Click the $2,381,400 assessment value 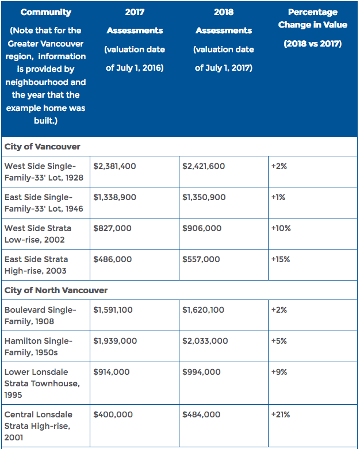pos(114,166)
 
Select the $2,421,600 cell pos(204,166)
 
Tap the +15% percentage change pos(281,259)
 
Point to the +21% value pos(281,415)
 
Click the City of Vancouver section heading pos(43,147)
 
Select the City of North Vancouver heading pos(56,290)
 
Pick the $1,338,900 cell pos(115,197)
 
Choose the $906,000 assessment pos(202,228)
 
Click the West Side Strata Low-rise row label pos(38,234)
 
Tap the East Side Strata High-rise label pos(36,265)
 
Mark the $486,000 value pos(113,259)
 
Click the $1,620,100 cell pos(204,310)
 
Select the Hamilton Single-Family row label pos(39,347)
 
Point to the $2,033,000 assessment pos(205,341)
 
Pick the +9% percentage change pos(279,372)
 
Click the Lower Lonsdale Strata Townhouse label pos(42,383)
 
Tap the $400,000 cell pos(113,415)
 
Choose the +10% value pos(281,228)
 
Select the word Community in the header pos(46,12)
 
